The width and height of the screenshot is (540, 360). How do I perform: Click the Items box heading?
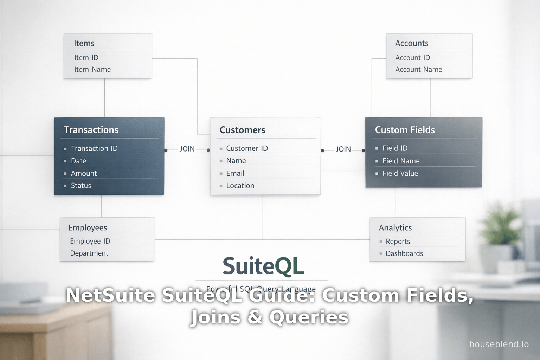(84, 43)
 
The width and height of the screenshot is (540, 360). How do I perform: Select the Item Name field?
(92, 70)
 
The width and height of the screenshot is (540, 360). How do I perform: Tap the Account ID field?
(412, 58)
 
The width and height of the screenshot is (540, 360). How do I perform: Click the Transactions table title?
(91, 130)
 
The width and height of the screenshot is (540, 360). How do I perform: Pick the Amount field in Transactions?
(84, 173)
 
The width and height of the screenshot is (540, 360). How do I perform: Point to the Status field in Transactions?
(81, 186)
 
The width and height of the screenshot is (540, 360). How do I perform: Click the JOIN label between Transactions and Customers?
(187, 149)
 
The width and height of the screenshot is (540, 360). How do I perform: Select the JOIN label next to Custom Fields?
(343, 149)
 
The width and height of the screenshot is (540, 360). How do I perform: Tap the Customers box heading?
(242, 130)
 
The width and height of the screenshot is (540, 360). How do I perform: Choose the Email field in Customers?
(235, 173)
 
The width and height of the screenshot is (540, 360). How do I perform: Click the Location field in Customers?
(240, 186)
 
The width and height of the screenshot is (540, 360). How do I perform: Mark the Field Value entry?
(400, 173)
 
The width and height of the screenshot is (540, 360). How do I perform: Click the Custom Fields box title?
(405, 130)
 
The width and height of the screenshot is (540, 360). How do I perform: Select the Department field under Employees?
(89, 253)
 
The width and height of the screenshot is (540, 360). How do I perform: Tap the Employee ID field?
(90, 241)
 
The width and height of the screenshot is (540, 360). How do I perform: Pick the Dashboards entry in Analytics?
(404, 253)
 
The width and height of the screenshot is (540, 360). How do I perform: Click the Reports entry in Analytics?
(398, 242)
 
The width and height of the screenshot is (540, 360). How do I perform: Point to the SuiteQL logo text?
(263, 266)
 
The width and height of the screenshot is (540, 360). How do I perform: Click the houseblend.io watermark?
(499, 344)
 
